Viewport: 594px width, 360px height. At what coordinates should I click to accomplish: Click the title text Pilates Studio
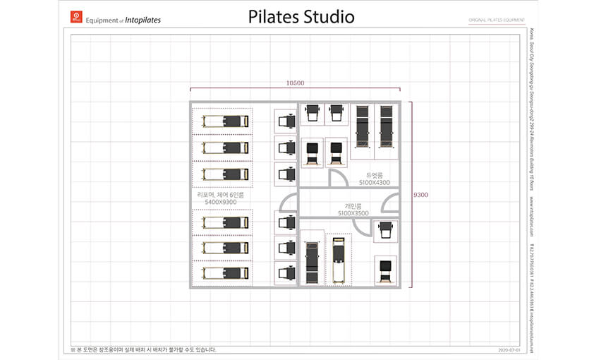[x=301, y=17]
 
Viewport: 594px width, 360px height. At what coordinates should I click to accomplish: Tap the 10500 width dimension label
[x=295, y=83]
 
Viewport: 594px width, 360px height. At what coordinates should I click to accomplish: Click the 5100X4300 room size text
[x=374, y=182]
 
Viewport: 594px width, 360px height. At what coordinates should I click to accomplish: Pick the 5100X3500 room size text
[x=353, y=212]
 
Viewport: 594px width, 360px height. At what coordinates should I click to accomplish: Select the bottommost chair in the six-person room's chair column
[x=286, y=272]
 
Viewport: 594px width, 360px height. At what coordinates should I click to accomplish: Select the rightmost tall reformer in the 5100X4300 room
[x=385, y=126]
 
